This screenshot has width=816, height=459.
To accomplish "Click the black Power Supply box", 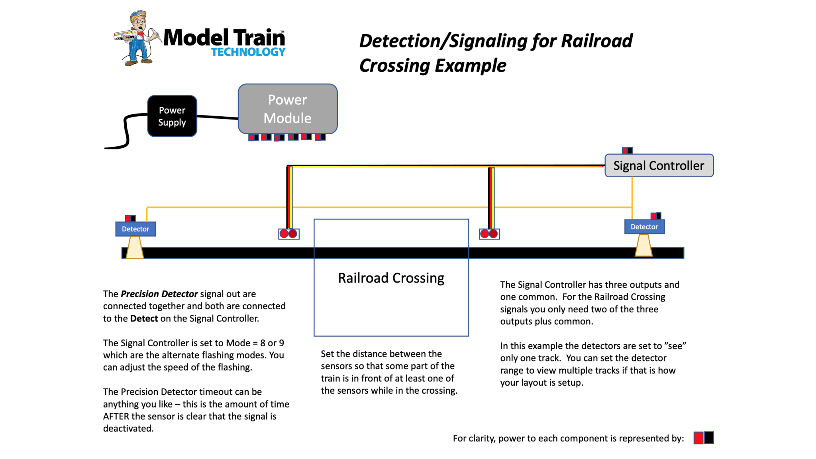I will pyautogui.click(x=172, y=116).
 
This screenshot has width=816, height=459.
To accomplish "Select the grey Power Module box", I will pyautogui.click(x=288, y=109).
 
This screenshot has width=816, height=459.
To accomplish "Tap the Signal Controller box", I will pyautogui.click(x=659, y=165).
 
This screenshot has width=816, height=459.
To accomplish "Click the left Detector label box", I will pyautogui.click(x=135, y=229).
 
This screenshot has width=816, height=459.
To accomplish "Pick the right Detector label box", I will pyautogui.click(x=644, y=227).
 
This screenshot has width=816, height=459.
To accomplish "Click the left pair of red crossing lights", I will pyautogui.click(x=288, y=233).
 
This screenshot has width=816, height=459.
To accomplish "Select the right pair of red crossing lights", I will pyautogui.click(x=489, y=233).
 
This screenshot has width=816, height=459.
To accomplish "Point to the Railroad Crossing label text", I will pyautogui.click(x=391, y=278).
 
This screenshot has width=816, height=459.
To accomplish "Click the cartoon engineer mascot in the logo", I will pyautogui.click(x=137, y=38).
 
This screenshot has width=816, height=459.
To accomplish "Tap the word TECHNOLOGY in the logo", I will pyautogui.click(x=248, y=52).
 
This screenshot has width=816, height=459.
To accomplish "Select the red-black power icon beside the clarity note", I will pyautogui.click(x=704, y=437).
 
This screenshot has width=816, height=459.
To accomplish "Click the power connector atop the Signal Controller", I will pyautogui.click(x=627, y=150).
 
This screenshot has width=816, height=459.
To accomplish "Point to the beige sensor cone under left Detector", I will pyautogui.click(x=135, y=247).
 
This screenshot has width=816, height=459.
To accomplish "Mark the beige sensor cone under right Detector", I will pyautogui.click(x=643, y=245).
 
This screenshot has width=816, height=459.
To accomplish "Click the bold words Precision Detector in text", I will pyautogui.click(x=159, y=294).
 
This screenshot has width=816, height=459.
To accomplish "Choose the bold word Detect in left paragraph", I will pyautogui.click(x=144, y=318).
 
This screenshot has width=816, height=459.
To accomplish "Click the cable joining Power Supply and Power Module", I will pyautogui.click(x=218, y=117).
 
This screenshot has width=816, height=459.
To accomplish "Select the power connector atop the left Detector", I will pyautogui.click(x=130, y=218).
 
